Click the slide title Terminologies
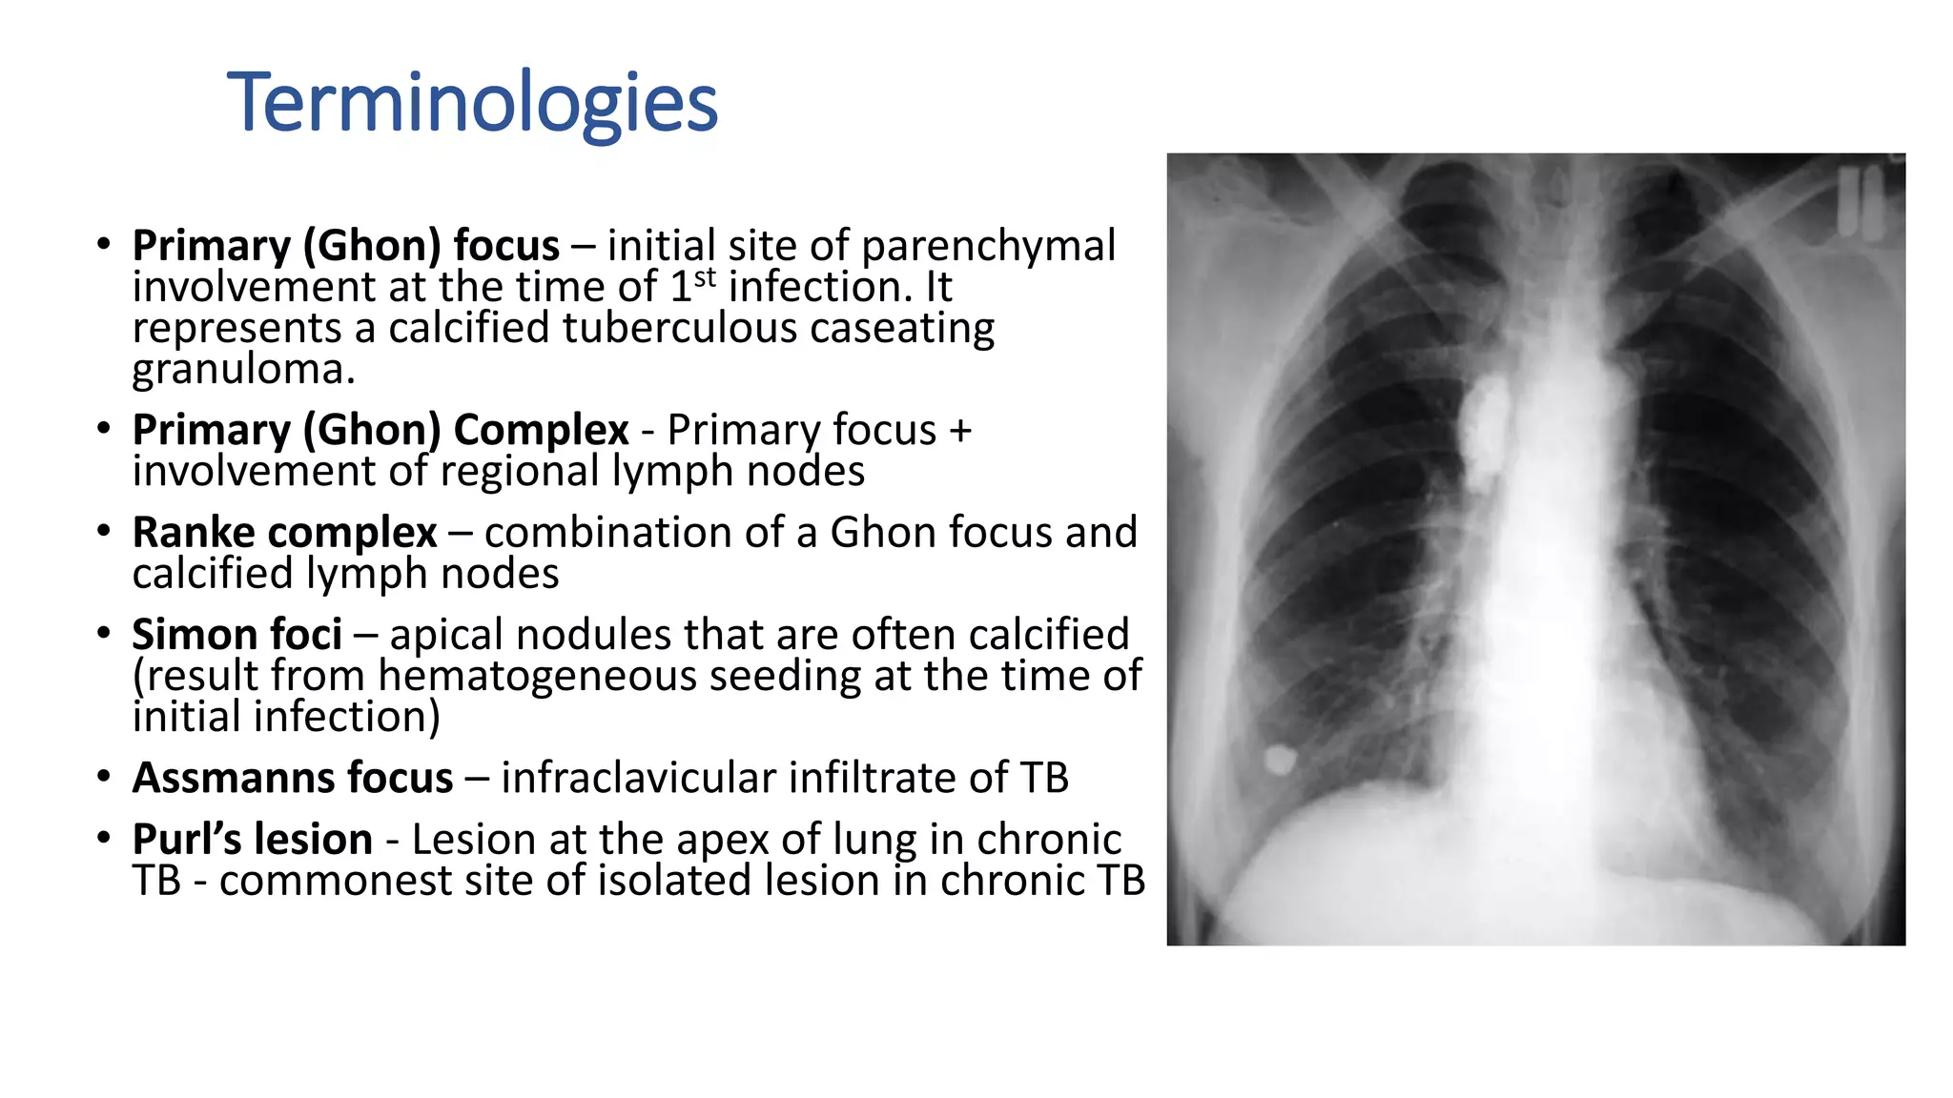pyautogui.click(x=472, y=103)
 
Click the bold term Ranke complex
pyautogui.click(x=284, y=533)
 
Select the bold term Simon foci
pyautogui.click(x=236, y=635)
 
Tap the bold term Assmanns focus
pyautogui.click(x=292, y=778)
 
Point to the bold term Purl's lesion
pyautogui.click(x=252, y=840)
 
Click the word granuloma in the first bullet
pyautogui.click(x=243, y=370)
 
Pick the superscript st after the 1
pyautogui.click(x=705, y=277)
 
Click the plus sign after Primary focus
pyautogui.click(x=960, y=431)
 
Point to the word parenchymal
pyautogui.click(x=988, y=246)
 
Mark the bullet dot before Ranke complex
pyautogui.click(x=104, y=531)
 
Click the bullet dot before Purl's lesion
pyautogui.click(x=104, y=838)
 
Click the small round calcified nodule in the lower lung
pyautogui.click(x=1280, y=760)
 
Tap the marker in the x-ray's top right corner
pyautogui.click(x=1860, y=202)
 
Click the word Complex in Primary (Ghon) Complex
pyautogui.click(x=541, y=431)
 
